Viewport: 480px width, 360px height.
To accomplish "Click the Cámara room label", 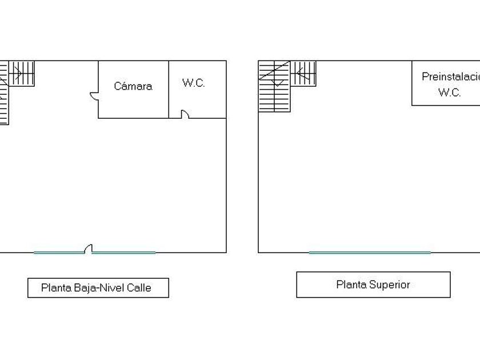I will click(133, 86).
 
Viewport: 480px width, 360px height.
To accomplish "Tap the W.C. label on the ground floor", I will click(194, 83).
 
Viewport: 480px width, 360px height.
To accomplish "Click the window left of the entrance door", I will click(59, 252).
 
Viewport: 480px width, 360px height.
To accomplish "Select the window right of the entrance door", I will click(124, 252).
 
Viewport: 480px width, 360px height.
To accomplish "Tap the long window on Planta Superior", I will click(370, 252).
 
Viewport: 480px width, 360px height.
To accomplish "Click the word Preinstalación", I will click(450, 77).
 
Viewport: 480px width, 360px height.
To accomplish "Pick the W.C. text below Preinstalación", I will click(449, 93).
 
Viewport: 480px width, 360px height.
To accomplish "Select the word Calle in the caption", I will click(139, 288).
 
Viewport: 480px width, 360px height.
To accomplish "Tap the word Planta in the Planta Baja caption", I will click(56, 288).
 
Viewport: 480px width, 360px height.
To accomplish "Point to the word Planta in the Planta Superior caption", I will click(351, 285).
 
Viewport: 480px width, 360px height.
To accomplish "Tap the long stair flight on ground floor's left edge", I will click(4, 103).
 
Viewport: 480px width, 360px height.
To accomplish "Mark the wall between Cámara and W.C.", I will click(169, 89).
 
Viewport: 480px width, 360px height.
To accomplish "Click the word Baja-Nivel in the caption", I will click(99, 288).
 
